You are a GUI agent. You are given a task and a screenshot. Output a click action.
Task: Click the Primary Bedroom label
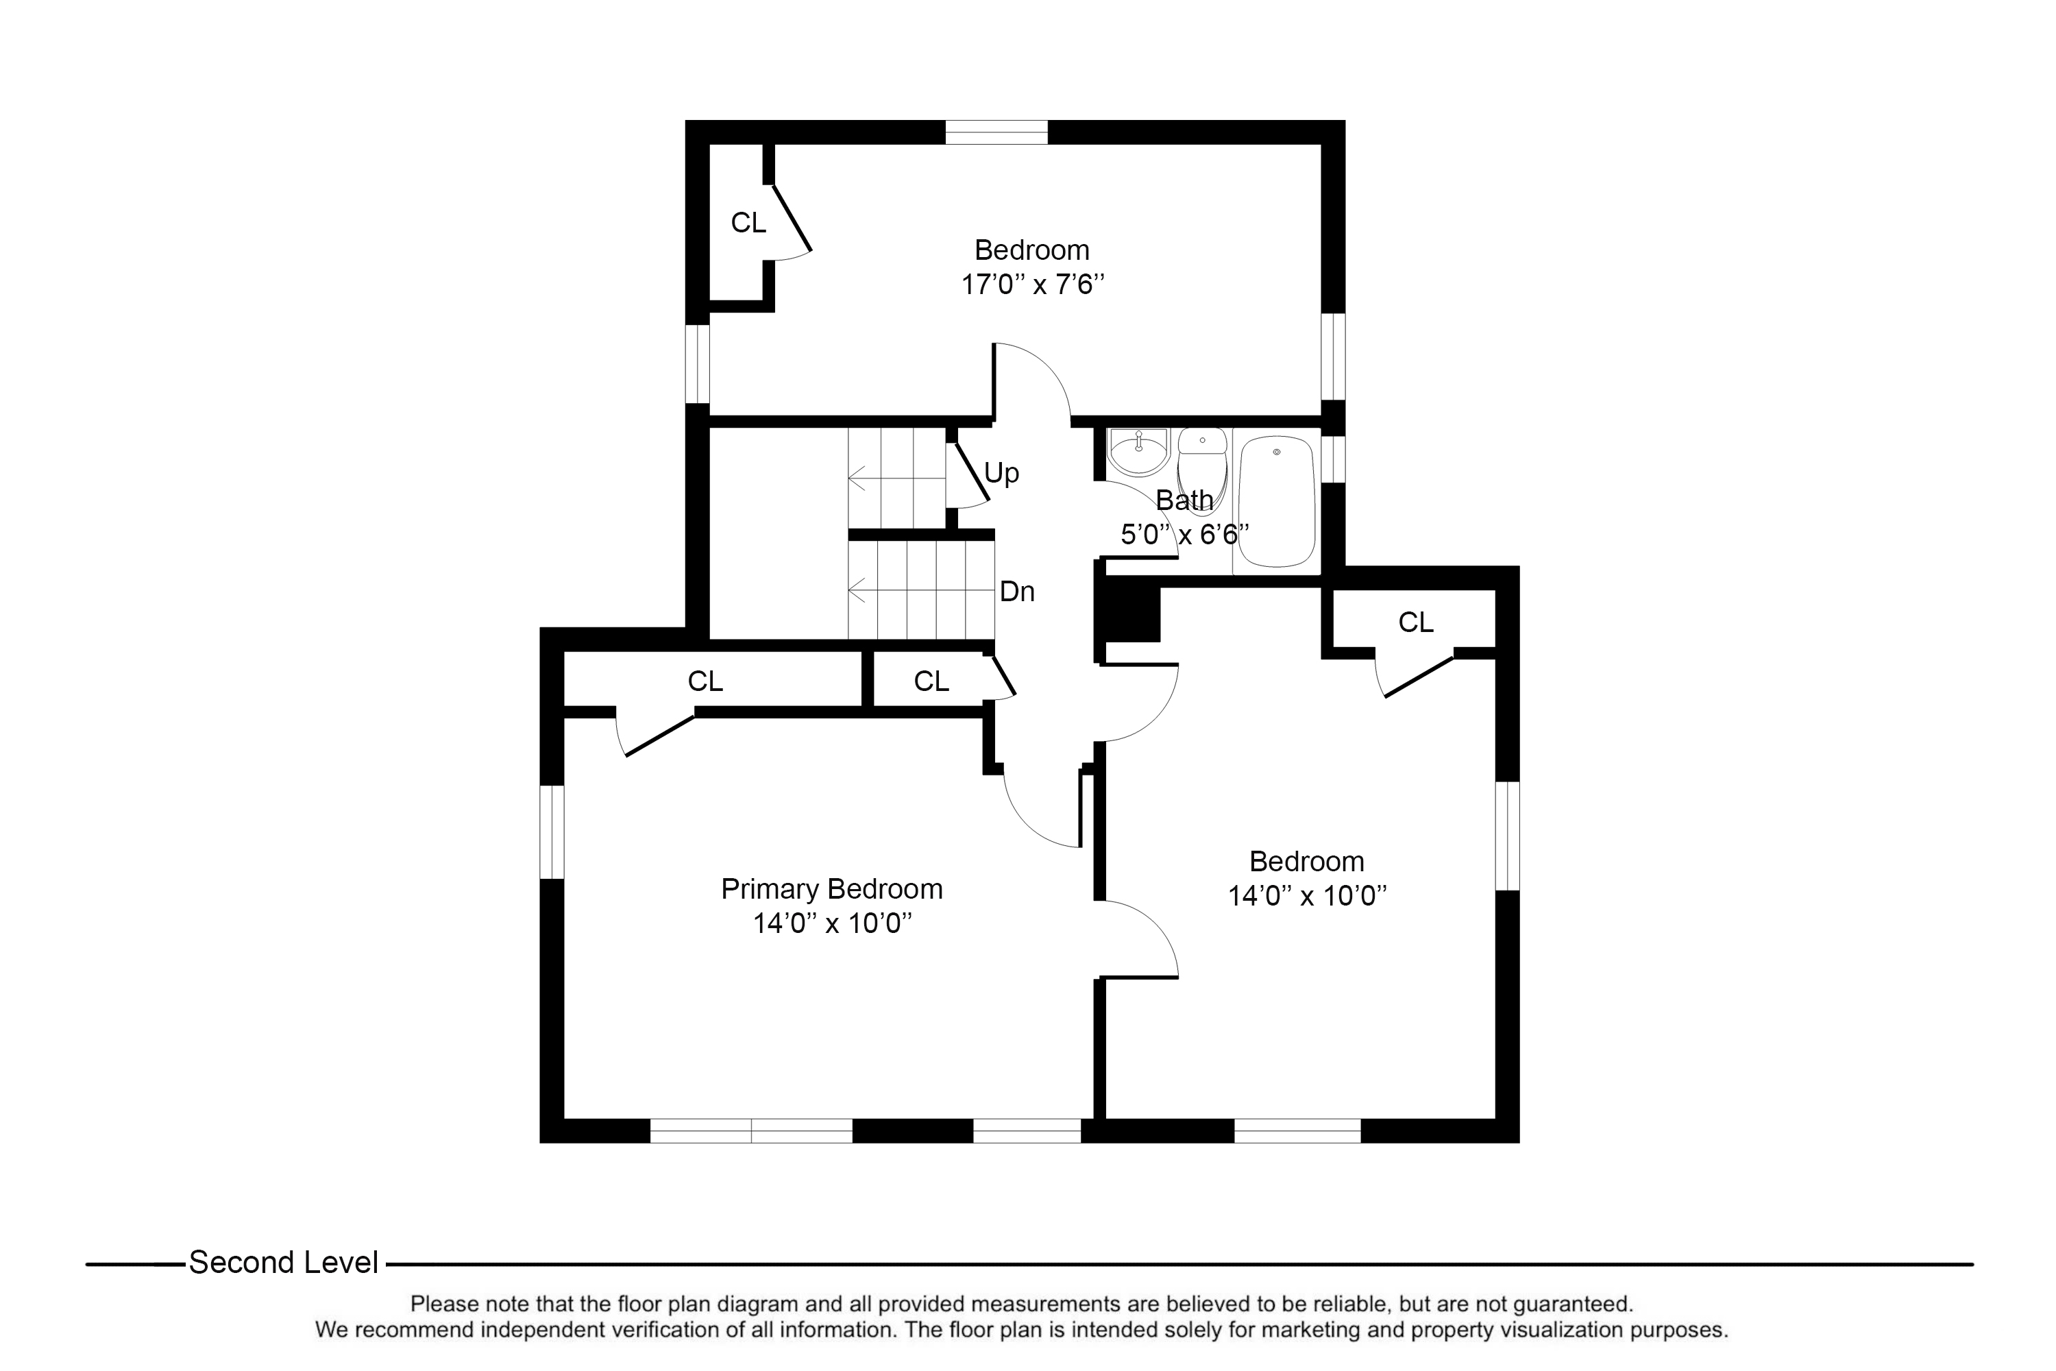[x=831, y=889]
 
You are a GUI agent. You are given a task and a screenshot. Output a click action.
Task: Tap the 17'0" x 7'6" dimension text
[x=1032, y=284]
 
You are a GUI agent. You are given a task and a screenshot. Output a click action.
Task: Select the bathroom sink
[x=1138, y=452]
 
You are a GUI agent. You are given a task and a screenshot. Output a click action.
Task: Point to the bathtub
[x=1277, y=502]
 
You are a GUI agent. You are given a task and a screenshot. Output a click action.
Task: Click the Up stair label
[x=1002, y=474]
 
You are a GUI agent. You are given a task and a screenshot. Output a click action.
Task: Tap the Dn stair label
[x=1016, y=592]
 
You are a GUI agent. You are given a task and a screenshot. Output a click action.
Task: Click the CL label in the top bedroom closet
[x=748, y=223]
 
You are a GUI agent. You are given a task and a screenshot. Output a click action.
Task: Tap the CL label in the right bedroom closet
[x=1415, y=622]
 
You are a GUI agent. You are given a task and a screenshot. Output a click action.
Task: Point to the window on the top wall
[x=996, y=132]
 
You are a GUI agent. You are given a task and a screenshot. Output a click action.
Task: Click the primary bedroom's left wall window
[x=552, y=832]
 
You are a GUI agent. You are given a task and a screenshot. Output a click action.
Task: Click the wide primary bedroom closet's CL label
[x=705, y=681]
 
